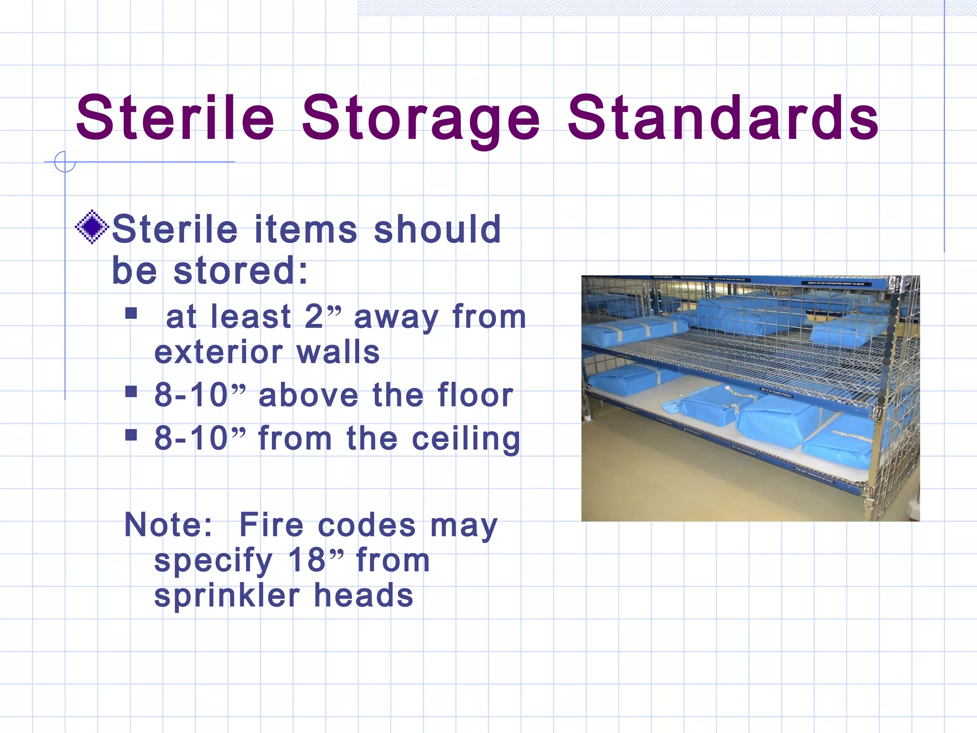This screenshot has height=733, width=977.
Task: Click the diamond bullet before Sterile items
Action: coord(92,227)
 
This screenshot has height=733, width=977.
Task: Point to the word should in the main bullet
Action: coord(437,230)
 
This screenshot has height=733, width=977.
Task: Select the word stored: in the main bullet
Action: coord(240,271)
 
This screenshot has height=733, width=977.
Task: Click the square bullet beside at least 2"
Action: coord(131,314)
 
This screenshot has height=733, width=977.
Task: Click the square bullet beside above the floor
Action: coord(131,392)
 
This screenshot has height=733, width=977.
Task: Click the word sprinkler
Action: coord(227,596)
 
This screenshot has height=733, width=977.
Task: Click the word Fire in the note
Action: coord(271,525)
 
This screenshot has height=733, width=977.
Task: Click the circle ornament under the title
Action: coord(65,162)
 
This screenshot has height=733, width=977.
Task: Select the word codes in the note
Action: coord(366,525)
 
